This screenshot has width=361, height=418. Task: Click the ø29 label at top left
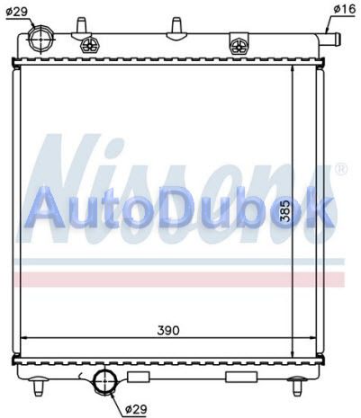click(17, 12)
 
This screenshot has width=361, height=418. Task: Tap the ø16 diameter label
click(344, 9)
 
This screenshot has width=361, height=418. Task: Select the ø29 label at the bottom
click(136, 408)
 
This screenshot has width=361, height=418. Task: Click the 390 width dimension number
click(168, 330)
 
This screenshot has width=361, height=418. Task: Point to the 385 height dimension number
click(285, 211)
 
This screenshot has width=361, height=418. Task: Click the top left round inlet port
click(41, 40)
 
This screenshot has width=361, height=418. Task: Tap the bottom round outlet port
click(104, 381)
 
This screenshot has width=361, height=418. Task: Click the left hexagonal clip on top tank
click(88, 46)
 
